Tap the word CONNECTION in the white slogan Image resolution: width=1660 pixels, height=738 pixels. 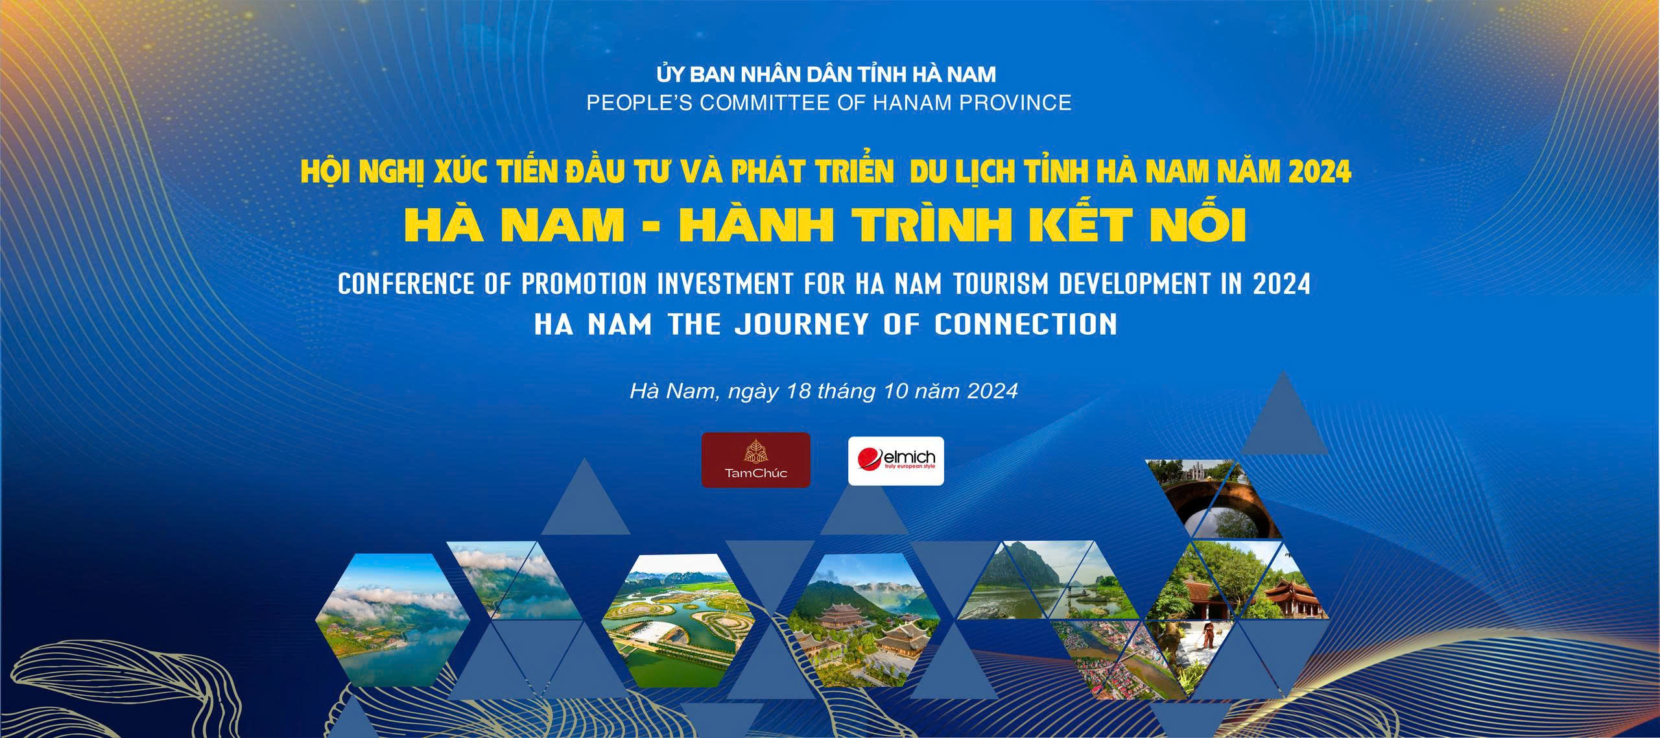(1026, 324)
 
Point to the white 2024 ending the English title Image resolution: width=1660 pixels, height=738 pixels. (1282, 285)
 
